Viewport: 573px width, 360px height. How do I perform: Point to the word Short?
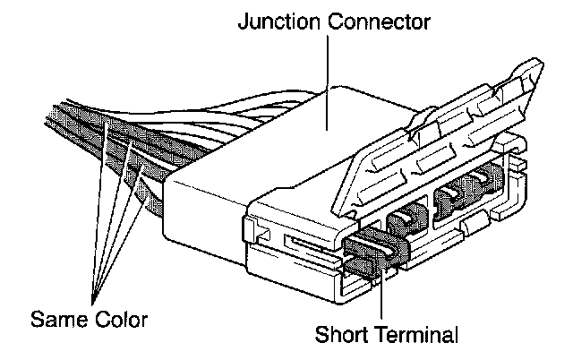[x=345, y=337]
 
